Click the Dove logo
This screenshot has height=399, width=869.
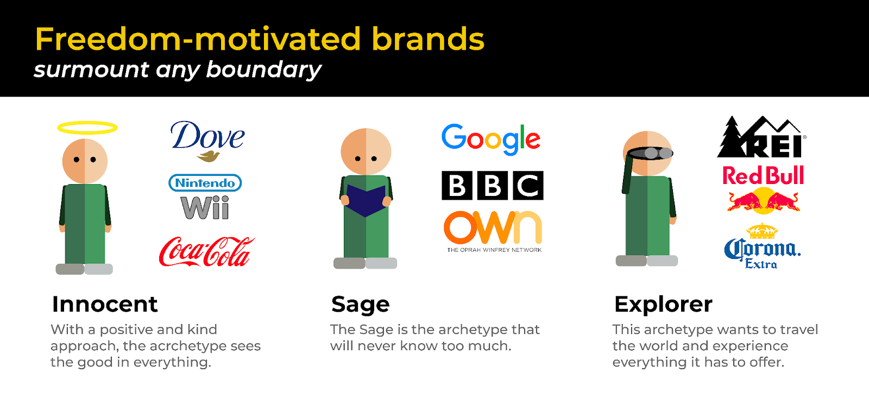[207, 139]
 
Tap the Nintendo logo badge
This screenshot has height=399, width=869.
[205, 183]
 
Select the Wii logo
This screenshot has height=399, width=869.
[205, 208]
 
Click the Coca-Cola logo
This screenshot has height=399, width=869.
[206, 252]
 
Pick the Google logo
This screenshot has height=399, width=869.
[490, 139]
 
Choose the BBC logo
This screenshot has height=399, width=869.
[492, 186]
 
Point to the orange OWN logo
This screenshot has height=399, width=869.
[492, 228]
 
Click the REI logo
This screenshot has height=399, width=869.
[761, 138]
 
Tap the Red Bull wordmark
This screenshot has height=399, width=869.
[763, 176]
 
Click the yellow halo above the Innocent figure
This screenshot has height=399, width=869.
[87, 128]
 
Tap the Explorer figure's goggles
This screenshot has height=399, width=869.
[650, 153]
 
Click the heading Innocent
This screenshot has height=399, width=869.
[105, 304]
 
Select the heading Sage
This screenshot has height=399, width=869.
[361, 305]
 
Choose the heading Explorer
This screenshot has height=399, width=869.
[663, 304]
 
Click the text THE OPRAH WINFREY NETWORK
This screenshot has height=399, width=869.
[494, 250]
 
